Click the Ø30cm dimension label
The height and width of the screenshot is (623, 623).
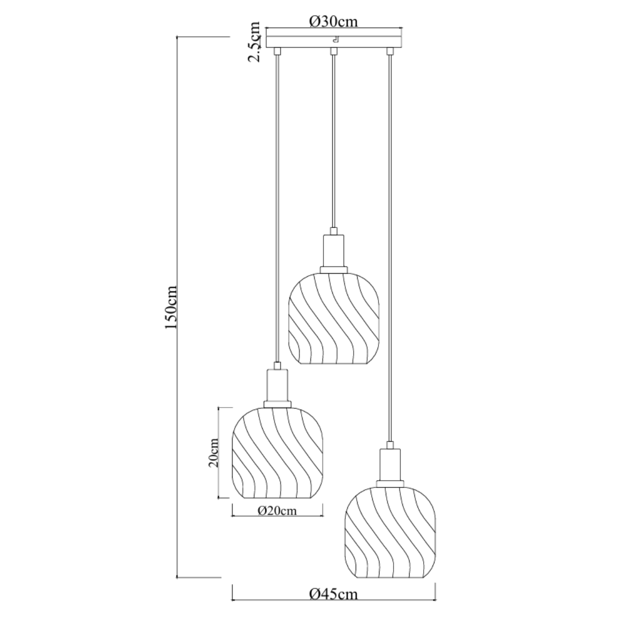click(x=334, y=21)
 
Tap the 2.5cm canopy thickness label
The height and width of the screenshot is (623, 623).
click(x=254, y=42)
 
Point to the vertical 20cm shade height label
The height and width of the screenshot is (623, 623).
click(x=213, y=453)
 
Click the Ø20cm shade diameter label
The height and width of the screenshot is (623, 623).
click(x=277, y=511)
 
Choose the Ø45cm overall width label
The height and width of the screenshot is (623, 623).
click(x=333, y=594)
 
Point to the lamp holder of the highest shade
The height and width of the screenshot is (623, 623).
click(x=334, y=252)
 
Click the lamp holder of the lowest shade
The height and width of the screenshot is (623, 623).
click(x=390, y=465)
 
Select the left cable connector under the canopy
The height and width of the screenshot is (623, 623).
click(x=277, y=51)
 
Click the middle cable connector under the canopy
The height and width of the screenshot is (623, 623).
click(x=334, y=51)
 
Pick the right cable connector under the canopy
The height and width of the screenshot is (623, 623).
click(x=388, y=51)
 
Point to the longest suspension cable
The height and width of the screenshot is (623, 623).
click(x=389, y=249)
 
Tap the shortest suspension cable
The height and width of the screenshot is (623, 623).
click(x=334, y=140)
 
